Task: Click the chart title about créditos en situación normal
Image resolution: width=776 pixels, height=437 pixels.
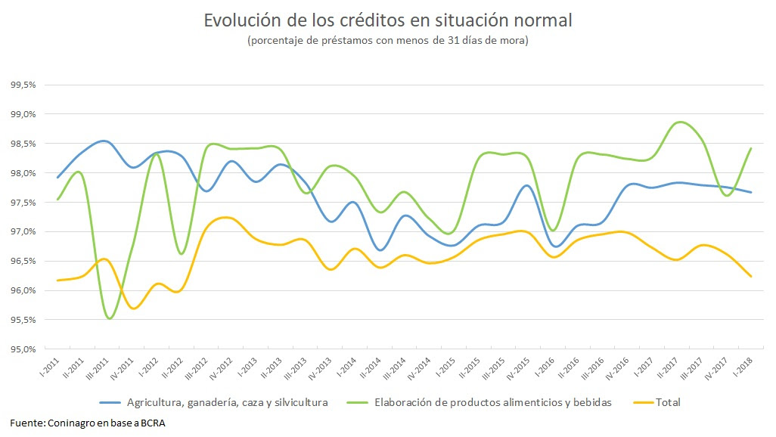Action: click(387, 20)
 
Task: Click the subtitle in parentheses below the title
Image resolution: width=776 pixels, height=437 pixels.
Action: click(387, 41)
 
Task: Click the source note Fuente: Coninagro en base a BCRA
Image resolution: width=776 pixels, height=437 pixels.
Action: click(88, 423)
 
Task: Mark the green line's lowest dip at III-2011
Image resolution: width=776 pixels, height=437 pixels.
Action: click(110, 319)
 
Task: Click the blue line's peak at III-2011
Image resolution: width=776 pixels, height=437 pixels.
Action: click(104, 141)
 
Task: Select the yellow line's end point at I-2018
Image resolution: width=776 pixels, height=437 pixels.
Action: click(751, 277)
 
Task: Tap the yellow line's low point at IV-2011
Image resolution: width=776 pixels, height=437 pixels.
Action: click(133, 308)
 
